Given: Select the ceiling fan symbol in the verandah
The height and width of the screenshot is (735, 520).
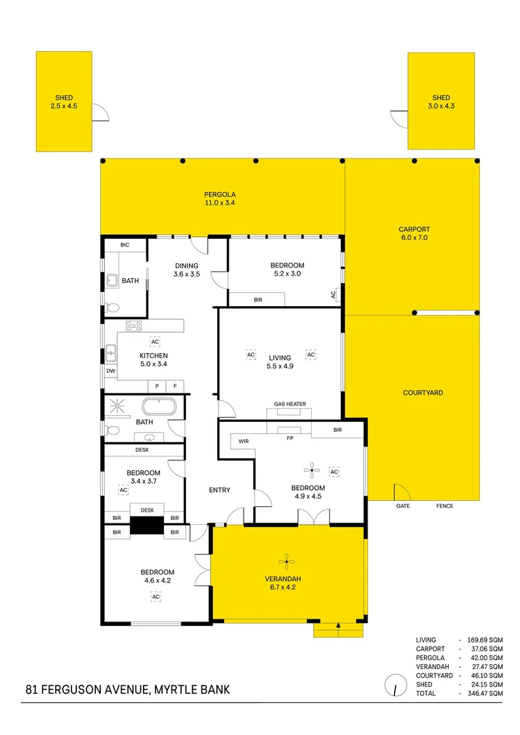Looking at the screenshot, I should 287,561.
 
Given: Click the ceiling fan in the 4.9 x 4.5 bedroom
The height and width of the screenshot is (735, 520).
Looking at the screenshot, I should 312,469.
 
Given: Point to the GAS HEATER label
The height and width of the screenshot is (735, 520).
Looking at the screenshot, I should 290,404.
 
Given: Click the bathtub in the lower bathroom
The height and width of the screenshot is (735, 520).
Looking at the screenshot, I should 159,407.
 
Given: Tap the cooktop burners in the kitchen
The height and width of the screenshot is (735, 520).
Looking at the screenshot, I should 133,325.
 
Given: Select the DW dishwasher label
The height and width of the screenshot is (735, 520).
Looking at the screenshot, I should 110,371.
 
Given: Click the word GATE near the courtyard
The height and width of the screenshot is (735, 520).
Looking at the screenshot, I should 403,506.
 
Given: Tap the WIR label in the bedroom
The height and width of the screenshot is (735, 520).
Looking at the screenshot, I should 244,442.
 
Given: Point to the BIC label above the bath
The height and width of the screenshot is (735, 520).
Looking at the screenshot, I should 125,245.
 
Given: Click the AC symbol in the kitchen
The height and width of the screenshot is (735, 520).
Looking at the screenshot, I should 155,342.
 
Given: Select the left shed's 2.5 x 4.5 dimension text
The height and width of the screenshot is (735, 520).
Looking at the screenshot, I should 64,106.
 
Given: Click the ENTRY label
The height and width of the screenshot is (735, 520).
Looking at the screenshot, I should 219,490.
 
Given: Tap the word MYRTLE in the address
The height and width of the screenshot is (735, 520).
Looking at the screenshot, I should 178,690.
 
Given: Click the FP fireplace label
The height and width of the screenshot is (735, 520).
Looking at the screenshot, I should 289,438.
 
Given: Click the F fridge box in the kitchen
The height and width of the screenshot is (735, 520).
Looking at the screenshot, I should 175,386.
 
